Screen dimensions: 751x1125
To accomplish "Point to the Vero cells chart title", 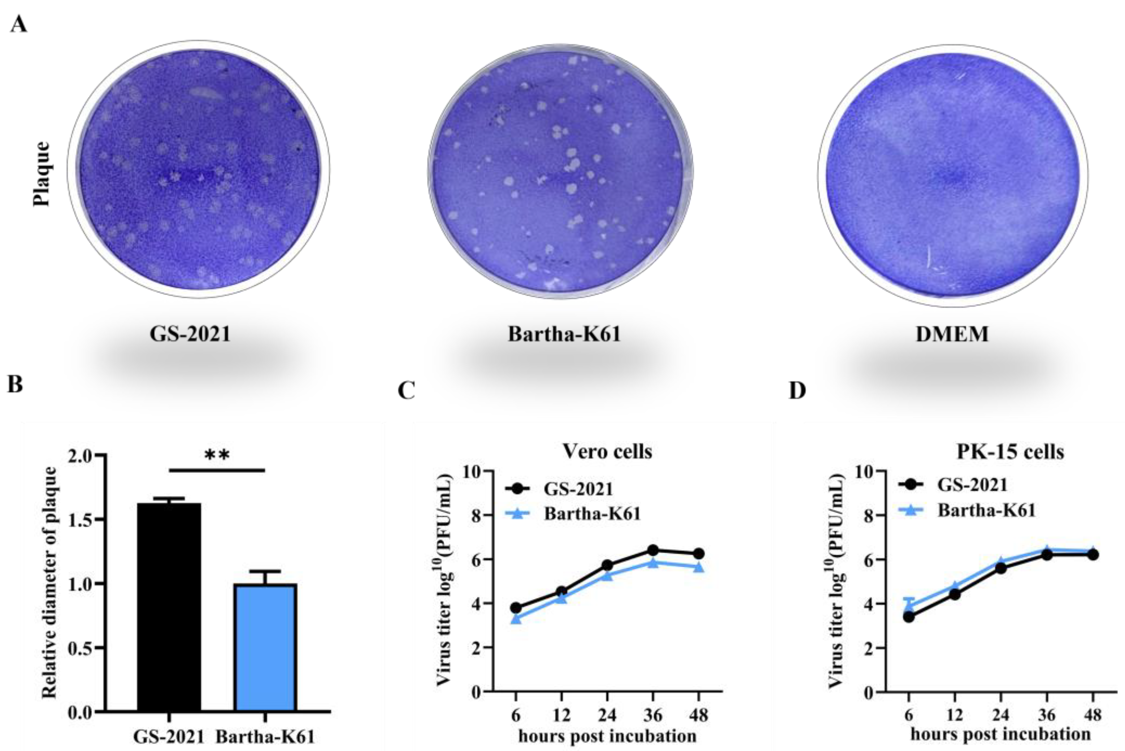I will tap(607, 451).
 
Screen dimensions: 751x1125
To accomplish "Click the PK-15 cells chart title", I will tap(1010, 452).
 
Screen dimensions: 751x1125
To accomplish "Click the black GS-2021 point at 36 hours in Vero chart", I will tap(653, 550).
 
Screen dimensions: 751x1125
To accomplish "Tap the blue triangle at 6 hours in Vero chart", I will tap(516, 619).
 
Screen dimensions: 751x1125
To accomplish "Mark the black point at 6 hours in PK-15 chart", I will tap(908, 617).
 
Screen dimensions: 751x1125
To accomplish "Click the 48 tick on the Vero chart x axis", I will tap(698, 716).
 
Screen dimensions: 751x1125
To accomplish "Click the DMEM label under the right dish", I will tap(952, 334).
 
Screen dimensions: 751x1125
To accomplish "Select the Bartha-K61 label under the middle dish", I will tap(564, 334).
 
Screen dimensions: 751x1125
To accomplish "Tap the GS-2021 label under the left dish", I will tap(190, 334).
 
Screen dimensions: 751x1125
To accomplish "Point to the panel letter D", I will tap(797, 390).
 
